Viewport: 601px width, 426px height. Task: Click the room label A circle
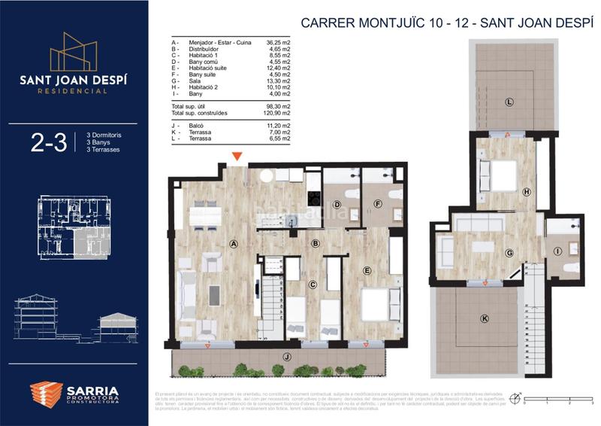tap(234, 244)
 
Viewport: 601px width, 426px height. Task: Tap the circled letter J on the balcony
tap(286, 356)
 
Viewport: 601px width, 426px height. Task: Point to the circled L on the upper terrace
tap(509, 102)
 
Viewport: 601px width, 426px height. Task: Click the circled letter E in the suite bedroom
tap(367, 270)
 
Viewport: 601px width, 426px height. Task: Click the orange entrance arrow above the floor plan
tap(237, 157)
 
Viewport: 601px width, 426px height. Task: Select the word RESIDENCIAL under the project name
tap(73, 91)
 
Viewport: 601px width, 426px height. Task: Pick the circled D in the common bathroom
tap(337, 204)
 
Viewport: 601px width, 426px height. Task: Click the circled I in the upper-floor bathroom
tap(557, 251)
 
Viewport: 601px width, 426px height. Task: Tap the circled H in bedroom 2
tap(527, 193)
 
